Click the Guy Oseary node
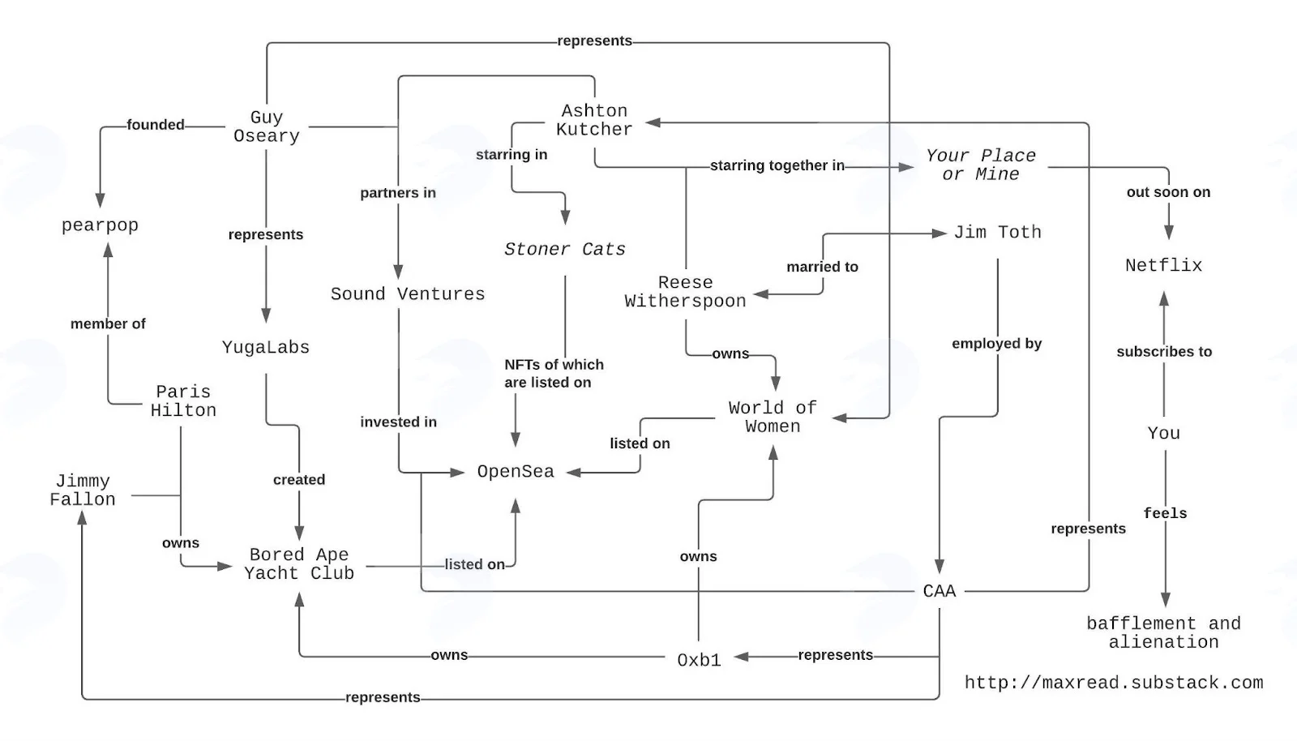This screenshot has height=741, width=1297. click(267, 126)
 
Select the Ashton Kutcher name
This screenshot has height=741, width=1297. click(594, 120)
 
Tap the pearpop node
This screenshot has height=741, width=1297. click(101, 225)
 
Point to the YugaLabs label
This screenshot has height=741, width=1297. click(266, 347)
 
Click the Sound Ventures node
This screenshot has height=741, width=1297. click(408, 294)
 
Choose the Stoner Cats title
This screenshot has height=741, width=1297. click(564, 250)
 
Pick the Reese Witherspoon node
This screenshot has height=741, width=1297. click(686, 292)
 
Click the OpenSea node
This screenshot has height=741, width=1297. click(516, 472)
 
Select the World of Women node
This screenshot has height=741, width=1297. click(773, 418)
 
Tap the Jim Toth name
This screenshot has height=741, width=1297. click(997, 233)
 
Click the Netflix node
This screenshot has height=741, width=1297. click(1164, 266)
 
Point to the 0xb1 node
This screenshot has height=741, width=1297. click(699, 660)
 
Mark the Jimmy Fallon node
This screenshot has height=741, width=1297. click(83, 490)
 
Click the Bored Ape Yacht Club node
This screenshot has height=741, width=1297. click(299, 563)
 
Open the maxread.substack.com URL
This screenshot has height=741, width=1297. click(1114, 683)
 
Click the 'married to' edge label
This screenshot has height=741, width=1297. click(822, 267)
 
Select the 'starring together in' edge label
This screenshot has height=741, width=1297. click(777, 165)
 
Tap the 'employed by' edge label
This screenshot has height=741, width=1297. click(996, 343)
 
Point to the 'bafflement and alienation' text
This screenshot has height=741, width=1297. click(1164, 632)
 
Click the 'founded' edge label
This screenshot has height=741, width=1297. click(155, 125)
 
